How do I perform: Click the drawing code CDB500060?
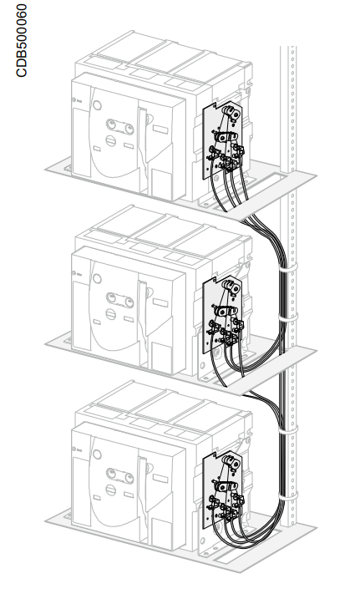pyautogui.click(x=21, y=40)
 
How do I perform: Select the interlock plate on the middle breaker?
pyautogui.click(x=222, y=314)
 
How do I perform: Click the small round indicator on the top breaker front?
pyautogui.click(x=98, y=105)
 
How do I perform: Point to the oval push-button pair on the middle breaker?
pyautogui.click(x=120, y=300)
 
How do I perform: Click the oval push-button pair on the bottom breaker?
pyautogui.click(x=120, y=475)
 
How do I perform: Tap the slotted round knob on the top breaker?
pyautogui.click(x=111, y=140)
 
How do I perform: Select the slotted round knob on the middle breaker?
pyautogui.click(x=111, y=314)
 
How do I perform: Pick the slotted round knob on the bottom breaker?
pyautogui.click(x=111, y=490)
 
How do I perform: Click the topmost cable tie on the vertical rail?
pyautogui.click(x=288, y=267)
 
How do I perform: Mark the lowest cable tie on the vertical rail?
pyautogui.click(x=288, y=495)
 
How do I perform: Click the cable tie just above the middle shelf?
pyautogui.click(x=288, y=317)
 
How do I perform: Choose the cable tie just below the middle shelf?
pyautogui.click(x=288, y=429)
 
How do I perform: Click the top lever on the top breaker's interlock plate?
pyautogui.click(x=231, y=112)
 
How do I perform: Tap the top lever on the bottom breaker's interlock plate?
pyautogui.click(x=231, y=462)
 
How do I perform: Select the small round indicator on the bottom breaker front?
pyautogui.click(x=98, y=454)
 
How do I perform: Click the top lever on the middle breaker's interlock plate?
pyautogui.click(x=231, y=287)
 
